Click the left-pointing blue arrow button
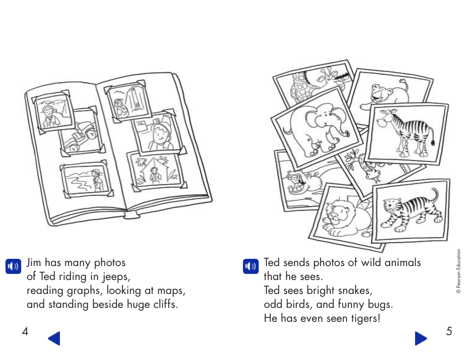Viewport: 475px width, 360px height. pyautogui.click(x=54, y=338)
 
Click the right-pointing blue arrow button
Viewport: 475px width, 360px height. pyautogui.click(x=421, y=338)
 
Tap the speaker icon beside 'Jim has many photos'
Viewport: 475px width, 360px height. pyautogui.click(x=13, y=266)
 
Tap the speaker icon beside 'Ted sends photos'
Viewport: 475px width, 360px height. pyautogui.click(x=250, y=266)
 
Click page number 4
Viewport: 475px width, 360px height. pyautogui.click(x=25, y=331)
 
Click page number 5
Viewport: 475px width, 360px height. pyautogui.click(x=449, y=331)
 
